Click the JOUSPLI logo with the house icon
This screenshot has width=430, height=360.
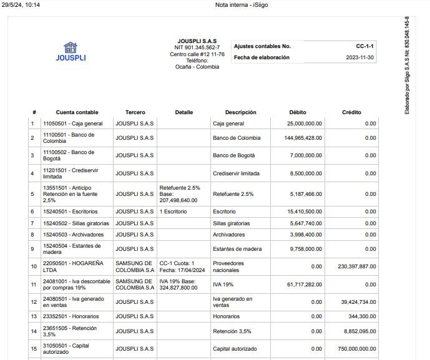pos(71,52)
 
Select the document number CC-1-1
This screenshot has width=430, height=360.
pos(364,46)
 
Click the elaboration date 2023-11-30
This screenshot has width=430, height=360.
pos(360,57)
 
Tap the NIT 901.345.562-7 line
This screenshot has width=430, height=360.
pos(197,47)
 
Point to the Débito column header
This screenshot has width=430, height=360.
pos(298,112)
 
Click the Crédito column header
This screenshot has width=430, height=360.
pos(351,112)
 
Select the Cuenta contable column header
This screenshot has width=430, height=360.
pos(77,112)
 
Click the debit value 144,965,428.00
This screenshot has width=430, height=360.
pos(303,138)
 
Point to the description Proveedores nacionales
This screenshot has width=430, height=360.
pos(228,266)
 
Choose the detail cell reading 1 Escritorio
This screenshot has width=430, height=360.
pos(173,212)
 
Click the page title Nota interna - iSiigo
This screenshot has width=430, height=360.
pos(242,5)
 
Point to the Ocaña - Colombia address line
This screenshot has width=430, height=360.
pos(197,67)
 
